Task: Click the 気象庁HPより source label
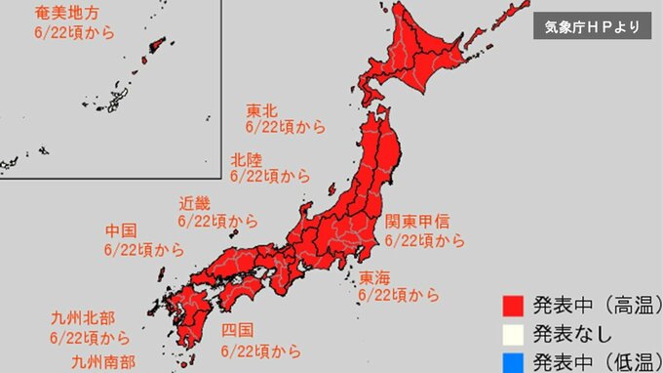[593, 27]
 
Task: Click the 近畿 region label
[195, 204]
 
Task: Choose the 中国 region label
[121, 231]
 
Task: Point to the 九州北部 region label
[83, 318]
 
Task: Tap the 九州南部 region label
[103, 361]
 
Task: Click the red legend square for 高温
[514, 304]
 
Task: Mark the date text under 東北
[285, 128]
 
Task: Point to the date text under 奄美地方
[74, 33]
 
